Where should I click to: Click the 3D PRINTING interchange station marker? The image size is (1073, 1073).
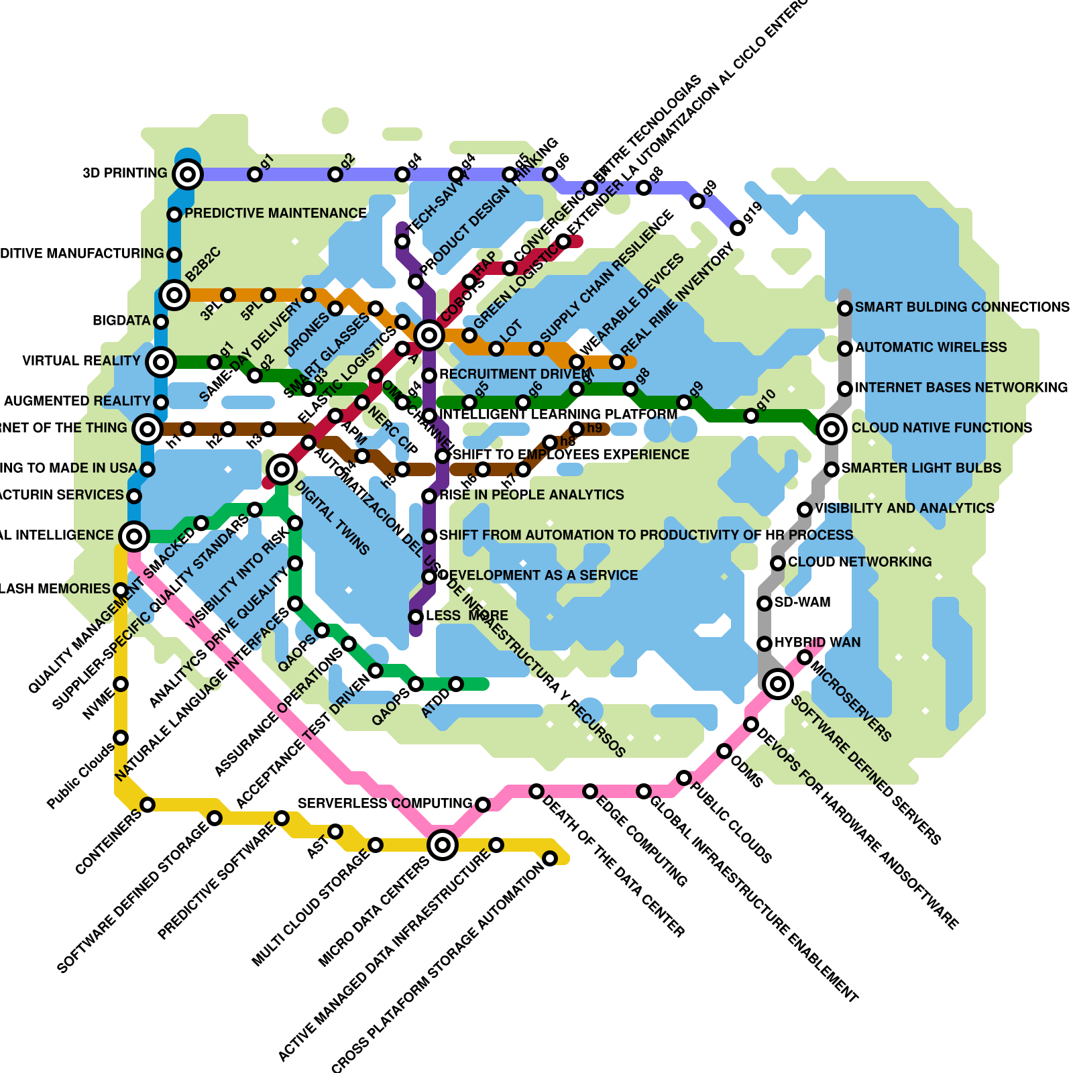(188, 174)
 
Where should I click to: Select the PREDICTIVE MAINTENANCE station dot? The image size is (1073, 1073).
(174, 215)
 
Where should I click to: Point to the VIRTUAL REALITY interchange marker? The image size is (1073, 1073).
(161, 362)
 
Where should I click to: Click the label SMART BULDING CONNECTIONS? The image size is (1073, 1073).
(962, 307)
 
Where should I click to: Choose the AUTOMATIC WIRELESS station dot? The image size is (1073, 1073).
(845, 349)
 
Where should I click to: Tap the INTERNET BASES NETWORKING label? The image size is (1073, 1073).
(961, 388)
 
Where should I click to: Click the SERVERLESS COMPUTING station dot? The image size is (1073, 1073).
(483, 804)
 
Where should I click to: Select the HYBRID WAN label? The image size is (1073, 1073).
(817, 642)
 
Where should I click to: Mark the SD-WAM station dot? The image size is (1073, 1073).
(765, 604)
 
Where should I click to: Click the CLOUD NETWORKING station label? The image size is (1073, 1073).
(860, 562)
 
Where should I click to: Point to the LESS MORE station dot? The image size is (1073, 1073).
(416, 617)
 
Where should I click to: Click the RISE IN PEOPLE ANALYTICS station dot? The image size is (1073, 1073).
(429, 496)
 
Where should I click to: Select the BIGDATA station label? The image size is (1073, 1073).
(121, 321)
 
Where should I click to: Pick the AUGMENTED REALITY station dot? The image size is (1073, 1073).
(161, 402)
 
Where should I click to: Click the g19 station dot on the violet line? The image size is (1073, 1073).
(738, 228)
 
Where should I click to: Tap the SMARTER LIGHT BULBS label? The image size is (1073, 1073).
(921, 468)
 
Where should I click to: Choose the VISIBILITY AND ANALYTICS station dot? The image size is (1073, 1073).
(805, 510)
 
